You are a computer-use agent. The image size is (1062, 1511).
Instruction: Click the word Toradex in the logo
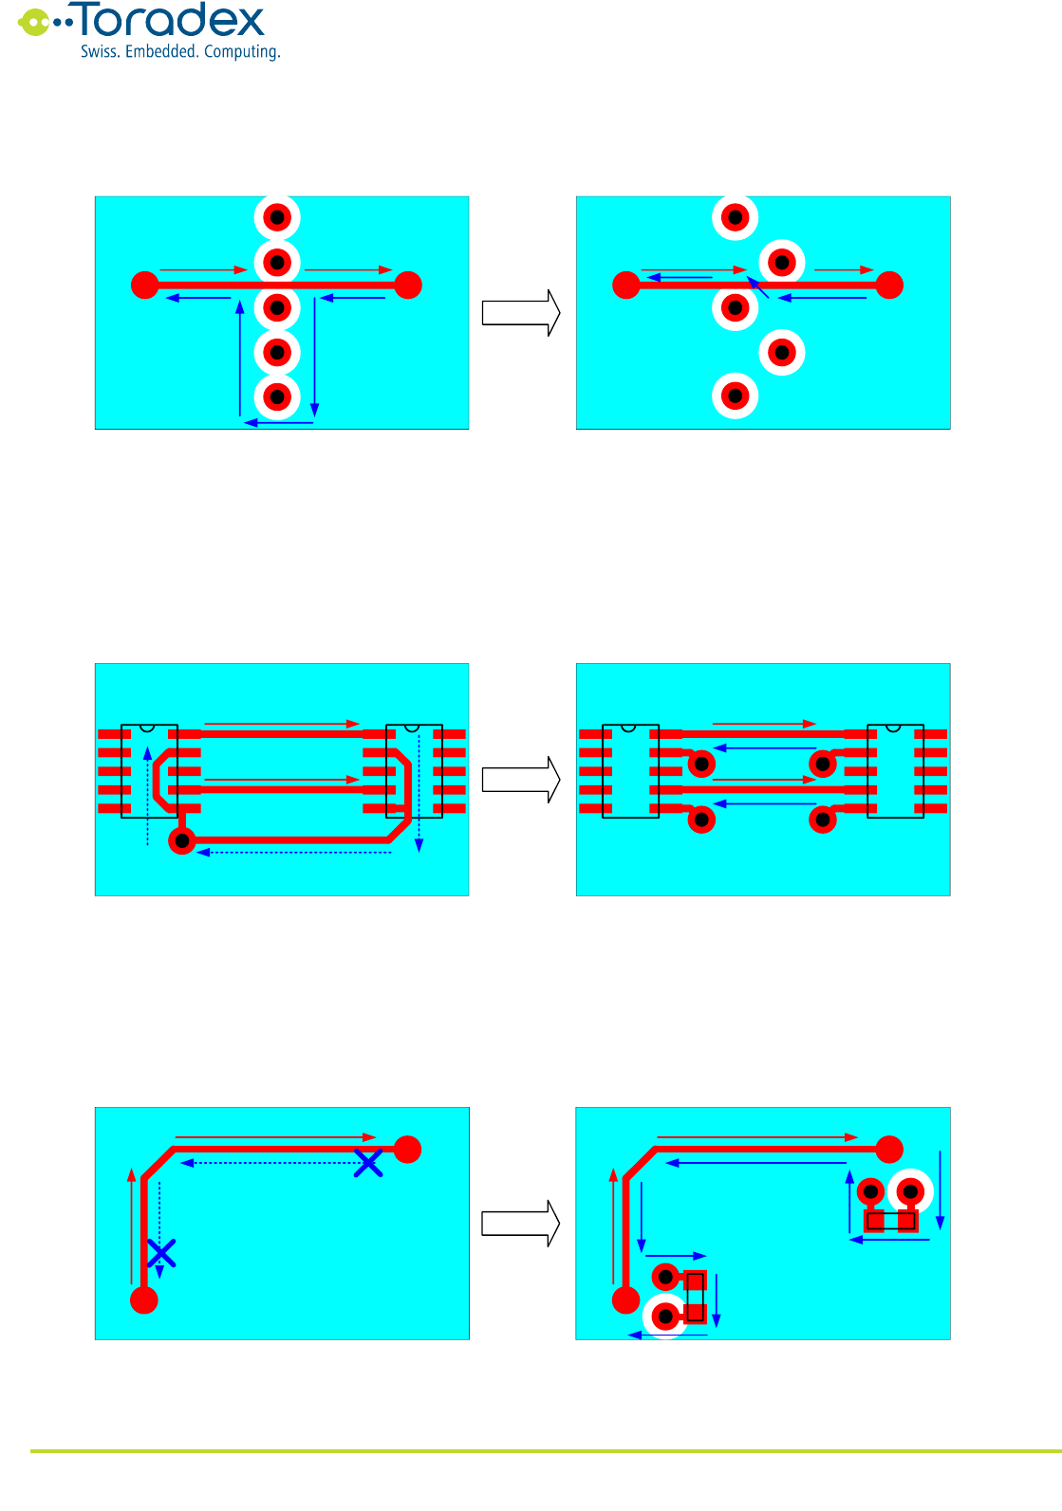click(x=171, y=21)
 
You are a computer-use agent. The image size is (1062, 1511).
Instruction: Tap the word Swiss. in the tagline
click(x=100, y=51)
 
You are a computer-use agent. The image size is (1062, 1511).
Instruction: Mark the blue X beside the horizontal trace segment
click(x=368, y=1163)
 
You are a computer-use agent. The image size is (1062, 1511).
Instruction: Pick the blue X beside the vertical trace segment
click(x=161, y=1253)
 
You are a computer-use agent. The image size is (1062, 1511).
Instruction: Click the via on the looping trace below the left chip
click(x=182, y=840)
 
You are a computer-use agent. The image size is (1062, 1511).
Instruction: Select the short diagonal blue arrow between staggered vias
click(x=757, y=286)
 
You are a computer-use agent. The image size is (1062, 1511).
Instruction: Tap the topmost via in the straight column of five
click(x=277, y=217)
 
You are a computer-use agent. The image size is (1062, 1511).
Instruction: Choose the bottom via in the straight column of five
click(x=277, y=396)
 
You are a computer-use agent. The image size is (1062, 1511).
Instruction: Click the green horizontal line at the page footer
click(x=546, y=1451)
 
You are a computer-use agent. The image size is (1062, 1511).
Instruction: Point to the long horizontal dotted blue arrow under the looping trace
click(x=294, y=853)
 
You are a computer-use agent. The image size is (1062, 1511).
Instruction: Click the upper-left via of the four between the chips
click(x=701, y=764)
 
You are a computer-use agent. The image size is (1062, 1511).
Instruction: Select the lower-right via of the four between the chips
click(x=823, y=820)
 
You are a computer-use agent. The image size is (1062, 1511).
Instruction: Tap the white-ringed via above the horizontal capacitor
click(x=911, y=1191)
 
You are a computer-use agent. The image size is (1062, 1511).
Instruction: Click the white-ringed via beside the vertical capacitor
click(x=665, y=1317)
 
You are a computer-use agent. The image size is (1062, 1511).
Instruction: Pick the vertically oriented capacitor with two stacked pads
click(x=696, y=1297)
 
